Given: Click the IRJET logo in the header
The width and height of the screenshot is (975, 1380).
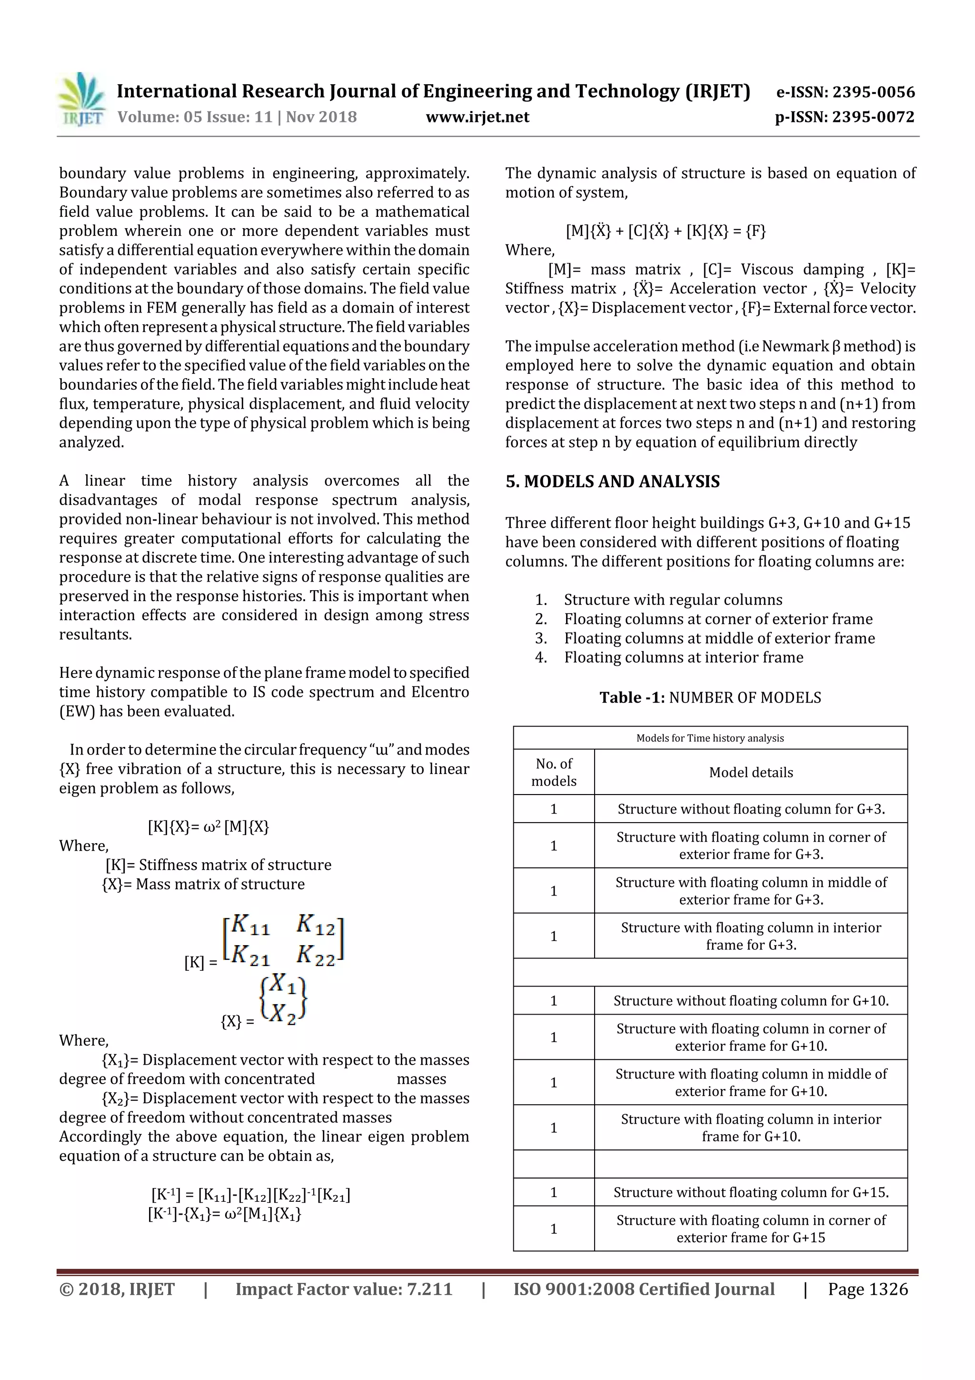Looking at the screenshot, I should [x=82, y=100].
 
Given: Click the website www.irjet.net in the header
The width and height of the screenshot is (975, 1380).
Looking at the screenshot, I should [x=478, y=117].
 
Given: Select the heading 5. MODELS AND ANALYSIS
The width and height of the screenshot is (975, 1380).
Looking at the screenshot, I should [x=612, y=482].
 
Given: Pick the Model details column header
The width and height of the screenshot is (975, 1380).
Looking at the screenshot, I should [x=750, y=772].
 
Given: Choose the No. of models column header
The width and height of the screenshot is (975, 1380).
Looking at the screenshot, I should [x=553, y=772].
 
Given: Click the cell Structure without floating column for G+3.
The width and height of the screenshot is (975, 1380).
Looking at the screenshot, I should [x=750, y=809].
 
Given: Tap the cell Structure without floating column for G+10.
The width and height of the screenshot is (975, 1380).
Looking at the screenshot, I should [x=750, y=1001].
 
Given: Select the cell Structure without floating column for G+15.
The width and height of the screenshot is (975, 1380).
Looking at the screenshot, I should [x=750, y=1192].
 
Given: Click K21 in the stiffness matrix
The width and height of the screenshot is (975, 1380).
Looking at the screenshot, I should [x=250, y=955].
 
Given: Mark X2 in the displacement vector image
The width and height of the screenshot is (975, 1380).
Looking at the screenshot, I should [x=282, y=1015].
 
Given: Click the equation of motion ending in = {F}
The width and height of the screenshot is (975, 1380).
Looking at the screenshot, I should [x=666, y=231].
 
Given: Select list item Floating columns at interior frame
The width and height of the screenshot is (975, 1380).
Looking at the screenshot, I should [x=683, y=657].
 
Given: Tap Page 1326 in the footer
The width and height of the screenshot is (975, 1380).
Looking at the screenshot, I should [x=867, y=1289].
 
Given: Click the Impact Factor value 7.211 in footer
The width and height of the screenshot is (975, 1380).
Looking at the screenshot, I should [x=344, y=1289].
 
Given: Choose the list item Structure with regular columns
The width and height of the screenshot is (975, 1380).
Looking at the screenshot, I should [x=673, y=600].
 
